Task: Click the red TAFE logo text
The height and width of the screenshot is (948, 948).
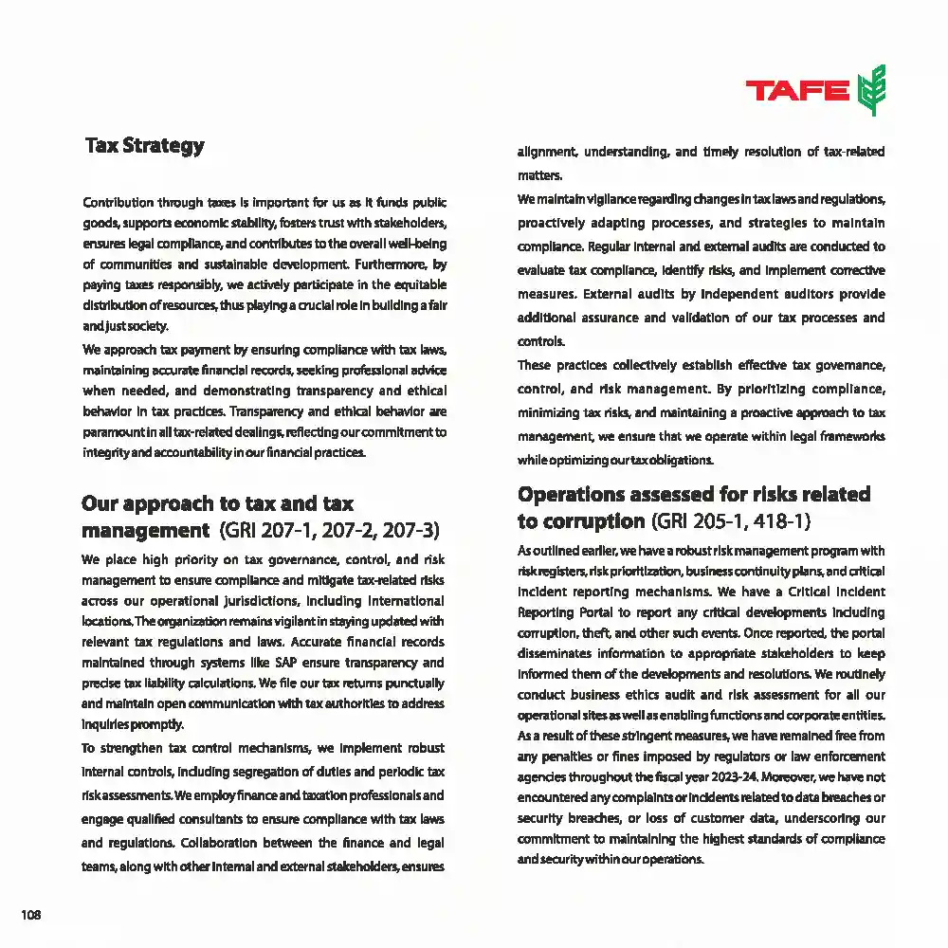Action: point(796,91)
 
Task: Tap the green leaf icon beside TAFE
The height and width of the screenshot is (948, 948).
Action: point(870,91)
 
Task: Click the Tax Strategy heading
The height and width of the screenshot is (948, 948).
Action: point(144,146)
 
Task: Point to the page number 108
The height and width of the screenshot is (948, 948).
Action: point(31,915)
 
